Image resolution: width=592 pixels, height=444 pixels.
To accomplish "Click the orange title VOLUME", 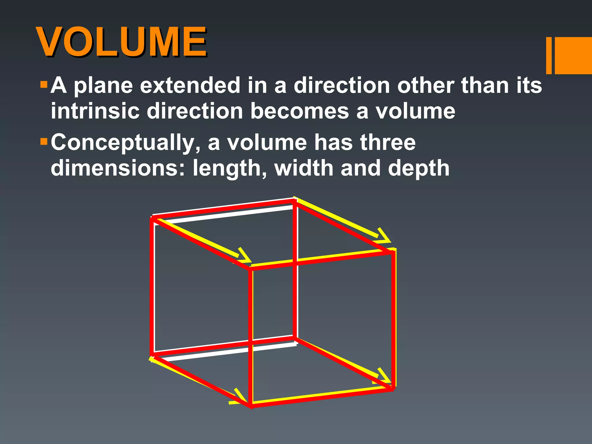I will click(x=121, y=42).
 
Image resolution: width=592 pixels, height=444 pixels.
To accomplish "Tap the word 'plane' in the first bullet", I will click(x=103, y=86).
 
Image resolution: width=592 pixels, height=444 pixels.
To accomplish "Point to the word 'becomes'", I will click(x=299, y=111).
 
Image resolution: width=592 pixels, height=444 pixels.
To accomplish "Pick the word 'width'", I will click(x=304, y=168).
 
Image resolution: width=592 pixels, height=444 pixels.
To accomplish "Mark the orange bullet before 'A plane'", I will click(x=44, y=85).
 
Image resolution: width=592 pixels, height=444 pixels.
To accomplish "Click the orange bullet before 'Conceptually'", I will click(x=44, y=142).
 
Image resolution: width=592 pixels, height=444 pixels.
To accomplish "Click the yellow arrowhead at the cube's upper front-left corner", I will click(x=245, y=256).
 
